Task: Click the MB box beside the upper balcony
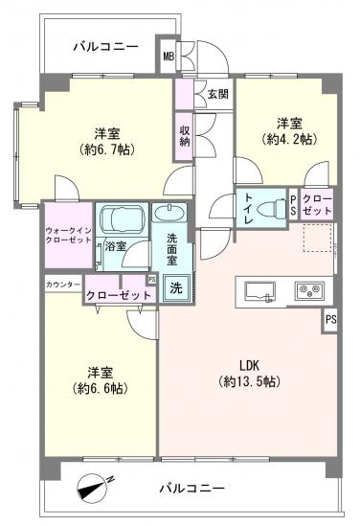(168, 57)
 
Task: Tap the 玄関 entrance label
(216, 94)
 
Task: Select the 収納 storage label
(183, 135)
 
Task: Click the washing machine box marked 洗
(175, 286)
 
